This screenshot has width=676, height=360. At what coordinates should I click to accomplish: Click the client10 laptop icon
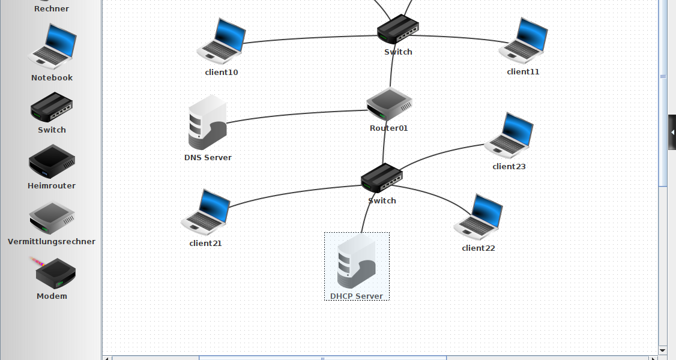click(x=222, y=42)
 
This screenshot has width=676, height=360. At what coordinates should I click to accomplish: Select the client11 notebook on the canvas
click(x=523, y=41)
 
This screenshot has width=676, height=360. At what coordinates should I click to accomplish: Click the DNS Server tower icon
click(x=207, y=122)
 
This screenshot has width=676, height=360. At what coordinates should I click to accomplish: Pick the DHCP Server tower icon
click(x=357, y=262)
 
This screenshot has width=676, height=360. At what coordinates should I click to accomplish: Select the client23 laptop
click(x=509, y=135)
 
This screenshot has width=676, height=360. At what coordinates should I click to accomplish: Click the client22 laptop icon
click(x=478, y=217)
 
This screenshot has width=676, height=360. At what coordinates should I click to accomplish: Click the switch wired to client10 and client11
click(x=397, y=29)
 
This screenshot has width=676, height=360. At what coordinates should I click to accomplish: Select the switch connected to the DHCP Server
click(x=382, y=178)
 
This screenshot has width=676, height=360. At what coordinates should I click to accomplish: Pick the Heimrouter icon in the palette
click(x=52, y=161)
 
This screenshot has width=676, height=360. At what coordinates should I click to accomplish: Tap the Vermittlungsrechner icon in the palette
click(x=52, y=217)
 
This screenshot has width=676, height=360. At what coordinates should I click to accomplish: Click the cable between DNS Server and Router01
click(x=294, y=114)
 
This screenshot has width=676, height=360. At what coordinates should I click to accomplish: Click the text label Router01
click(x=388, y=128)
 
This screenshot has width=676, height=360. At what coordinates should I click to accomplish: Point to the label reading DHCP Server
click(x=357, y=296)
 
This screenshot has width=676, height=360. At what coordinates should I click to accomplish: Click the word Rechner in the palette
click(x=52, y=9)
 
